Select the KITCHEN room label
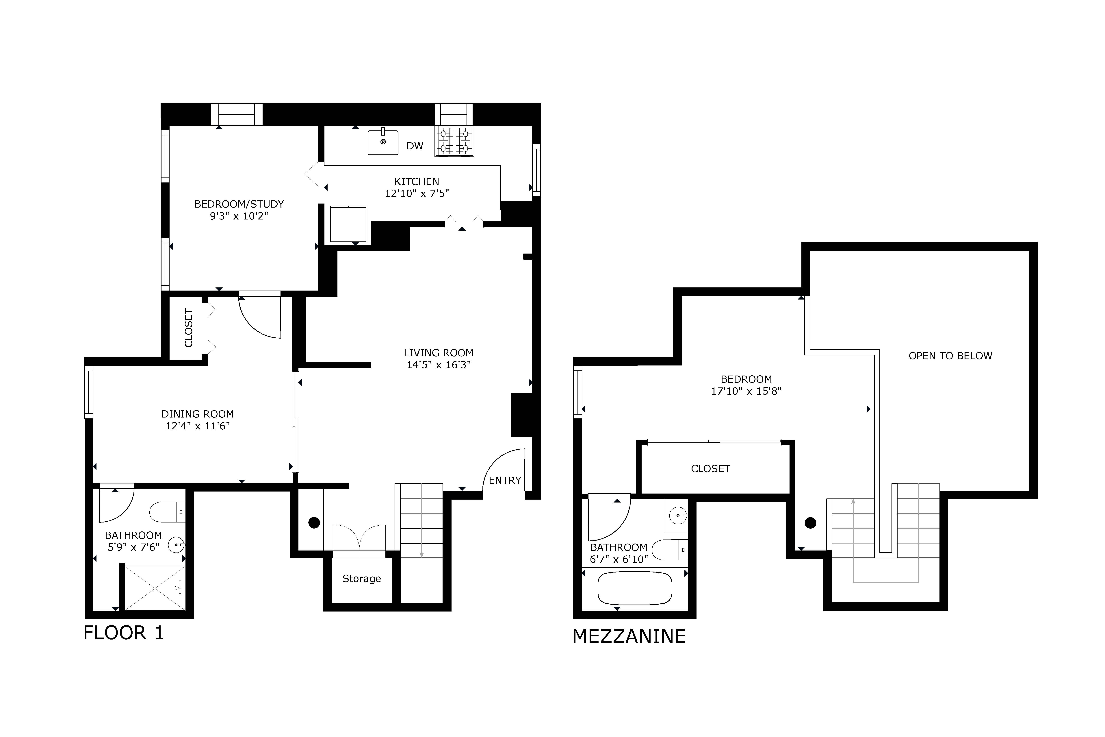(417, 181)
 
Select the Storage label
(361, 579)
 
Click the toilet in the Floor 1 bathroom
(167, 512)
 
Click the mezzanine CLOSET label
(710, 469)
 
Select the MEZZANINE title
(629, 636)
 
